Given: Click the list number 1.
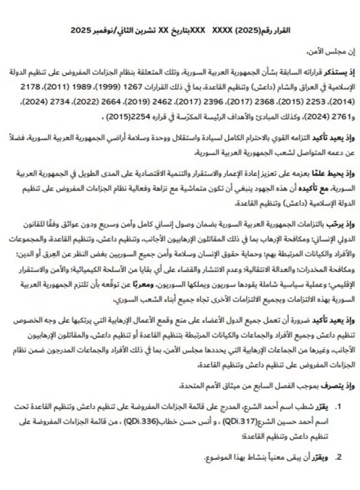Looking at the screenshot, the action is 340,426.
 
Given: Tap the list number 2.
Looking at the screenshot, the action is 340,474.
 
